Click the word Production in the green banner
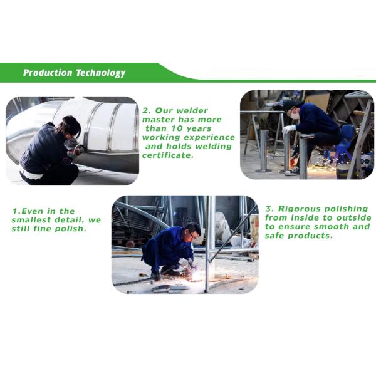pos(48,73)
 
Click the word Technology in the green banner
pos(101,73)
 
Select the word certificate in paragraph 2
pos(167,155)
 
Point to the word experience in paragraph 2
pos(209,138)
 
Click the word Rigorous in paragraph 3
pos(299,209)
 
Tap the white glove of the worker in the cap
pos(289,129)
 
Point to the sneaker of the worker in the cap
pos(292,172)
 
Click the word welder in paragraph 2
pos(192,110)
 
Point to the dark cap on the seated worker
pos(295,104)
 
